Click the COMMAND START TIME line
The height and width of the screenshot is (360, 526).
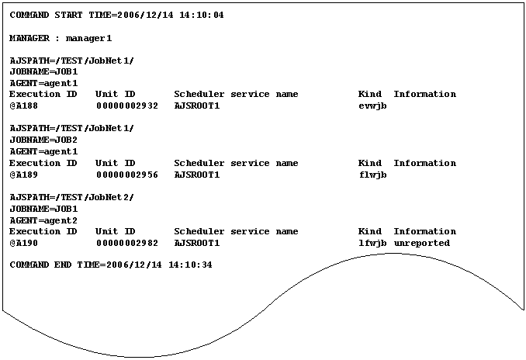(x=116, y=15)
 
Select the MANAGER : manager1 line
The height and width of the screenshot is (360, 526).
(x=61, y=37)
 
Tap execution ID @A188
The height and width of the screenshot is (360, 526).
(x=24, y=106)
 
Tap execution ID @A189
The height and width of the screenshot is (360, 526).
(x=24, y=175)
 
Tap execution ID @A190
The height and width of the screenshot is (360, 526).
(x=24, y=243)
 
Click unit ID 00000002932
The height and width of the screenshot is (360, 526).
(x=127, y=106)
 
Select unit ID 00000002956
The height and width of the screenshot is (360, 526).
(x=127, y=175)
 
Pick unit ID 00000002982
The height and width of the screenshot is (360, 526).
(x=127, y=243)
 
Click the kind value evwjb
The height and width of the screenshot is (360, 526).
(x=372, y=106)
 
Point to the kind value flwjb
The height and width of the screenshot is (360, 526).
(x=372, y=175)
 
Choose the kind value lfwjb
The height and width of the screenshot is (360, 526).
(x=372, y=243)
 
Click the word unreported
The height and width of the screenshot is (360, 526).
(x=421, y=243)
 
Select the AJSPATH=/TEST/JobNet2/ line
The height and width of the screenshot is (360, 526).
(x=71, y=197)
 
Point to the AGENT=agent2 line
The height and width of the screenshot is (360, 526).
(x=43, y=220)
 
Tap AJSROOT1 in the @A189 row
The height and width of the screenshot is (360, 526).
(x=197, y=175)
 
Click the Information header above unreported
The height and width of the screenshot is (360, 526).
(x=424, y=231)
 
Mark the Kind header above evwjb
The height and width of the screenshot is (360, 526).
(x=369, y=94)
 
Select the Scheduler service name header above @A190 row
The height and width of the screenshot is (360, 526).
(x=236, y=231)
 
